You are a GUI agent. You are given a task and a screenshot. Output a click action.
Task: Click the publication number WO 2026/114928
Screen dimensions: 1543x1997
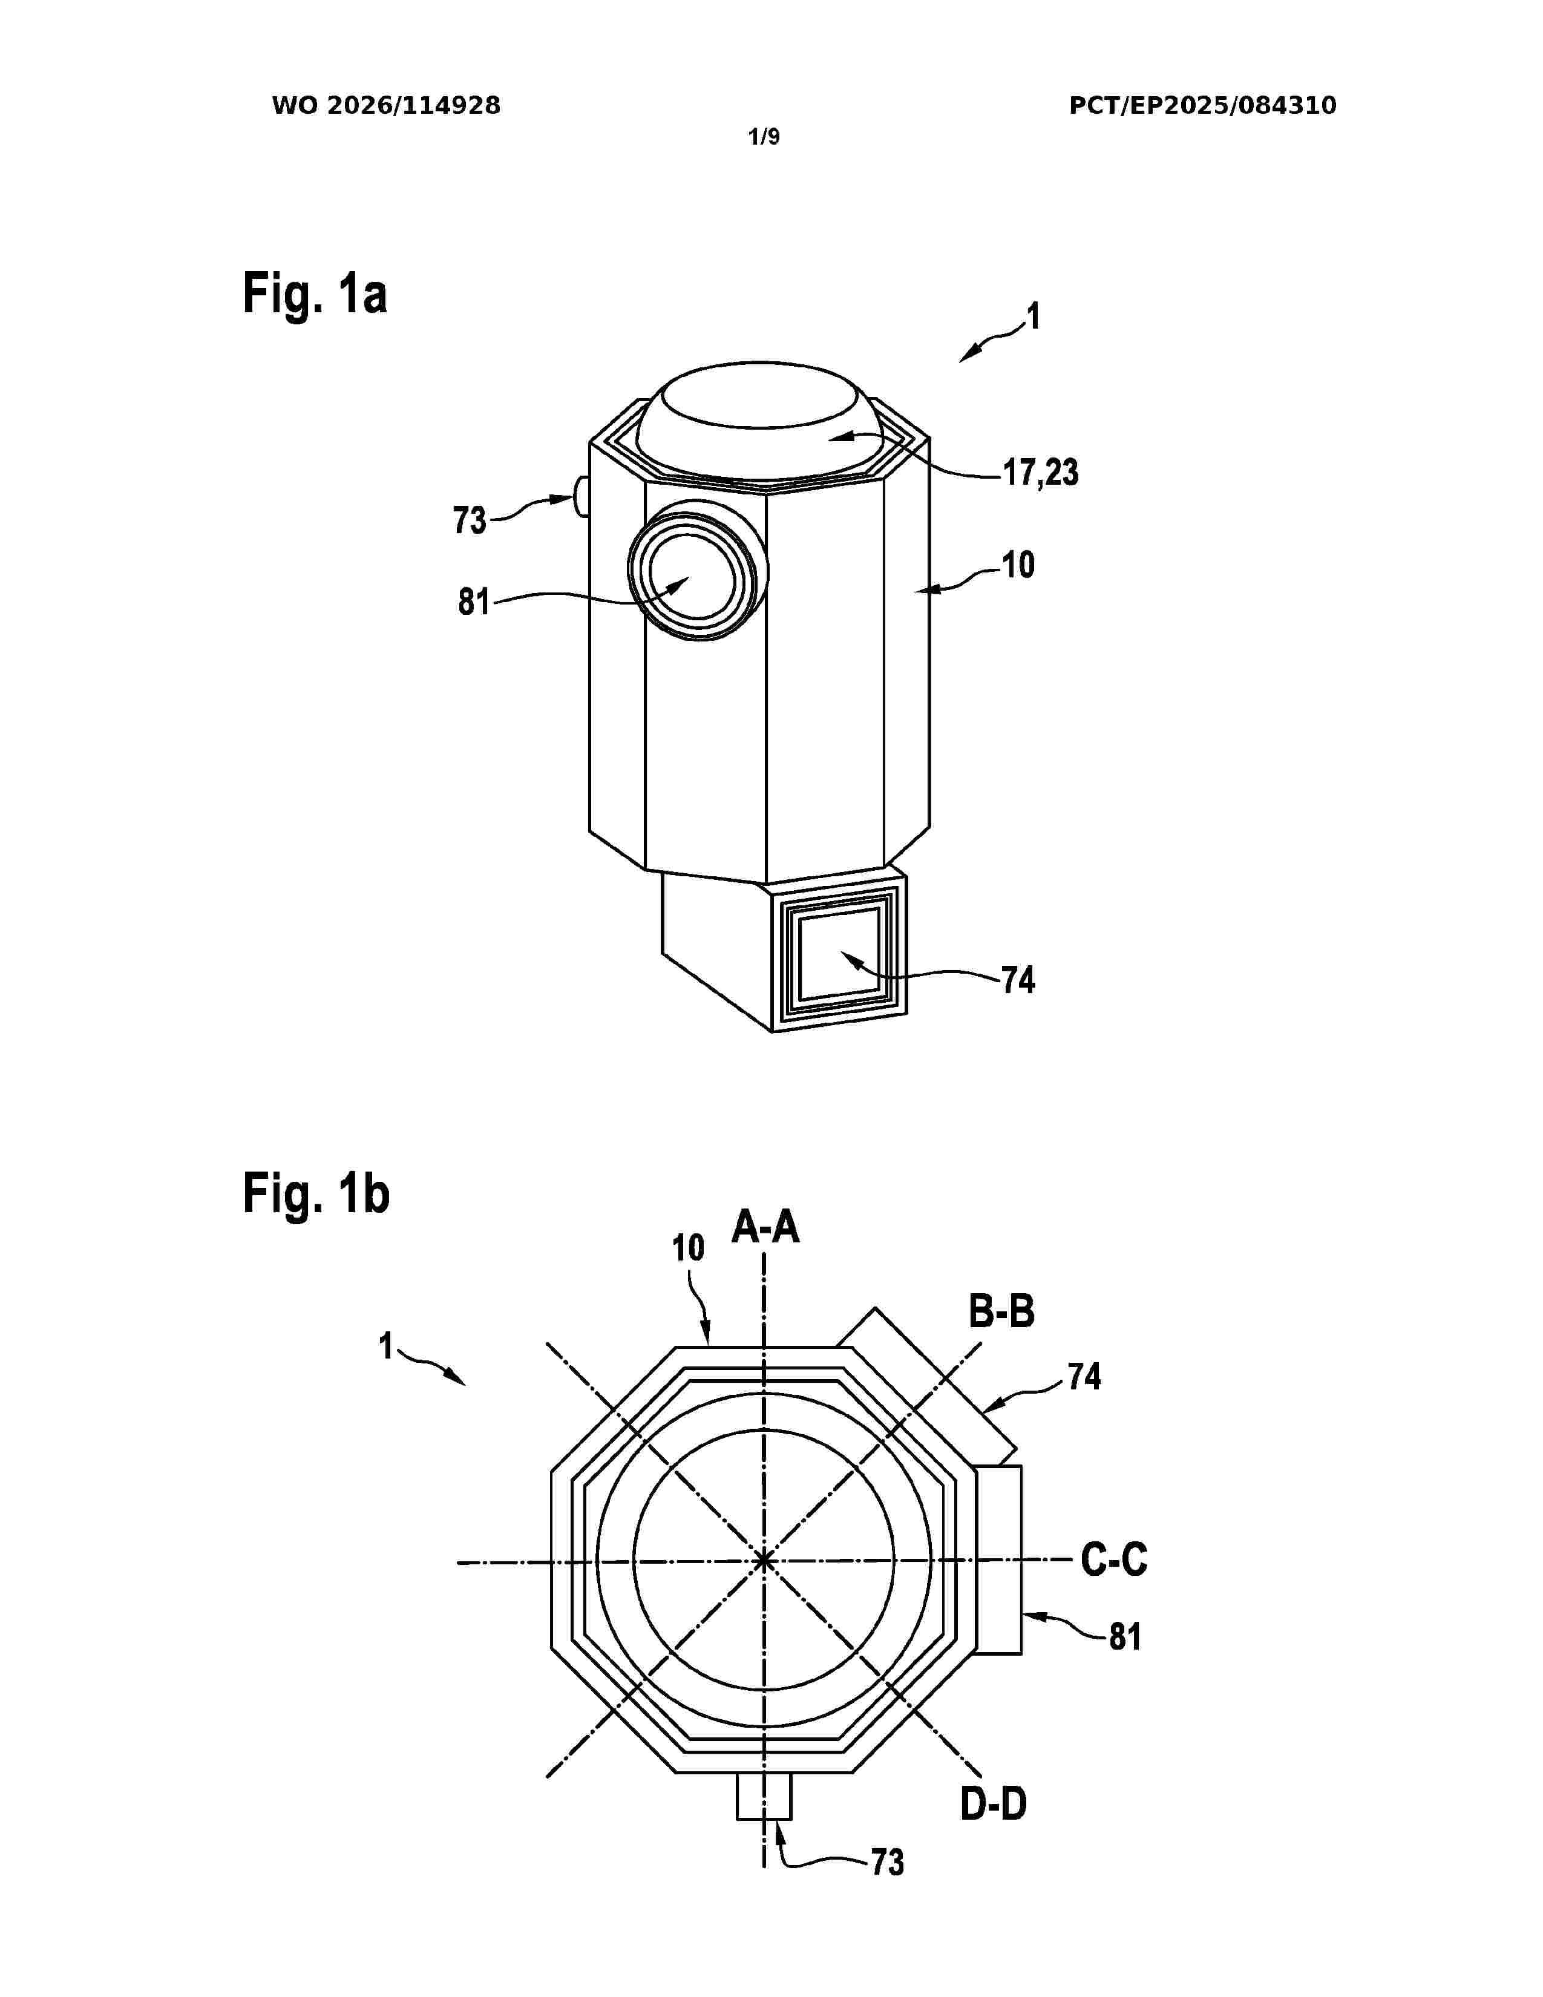click(x=386, y=106)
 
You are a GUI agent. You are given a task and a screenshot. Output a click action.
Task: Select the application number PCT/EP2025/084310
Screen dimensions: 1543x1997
click(x=1202, y=106)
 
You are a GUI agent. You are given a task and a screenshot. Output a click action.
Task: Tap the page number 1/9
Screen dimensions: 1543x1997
click(x=764, y=137)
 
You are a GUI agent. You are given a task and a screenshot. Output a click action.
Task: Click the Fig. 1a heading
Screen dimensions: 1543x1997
click(x=315, y=295)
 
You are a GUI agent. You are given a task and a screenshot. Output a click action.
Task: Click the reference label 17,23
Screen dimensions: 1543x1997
click(x=1040, y=473)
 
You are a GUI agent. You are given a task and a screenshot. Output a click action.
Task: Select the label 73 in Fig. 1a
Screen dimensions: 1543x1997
click(x=470, y=520)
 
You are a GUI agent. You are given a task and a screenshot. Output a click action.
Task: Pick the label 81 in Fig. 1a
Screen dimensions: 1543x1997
click(x=474, y=603)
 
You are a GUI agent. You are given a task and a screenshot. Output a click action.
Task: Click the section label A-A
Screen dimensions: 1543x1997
click(x=765, y=1227)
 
